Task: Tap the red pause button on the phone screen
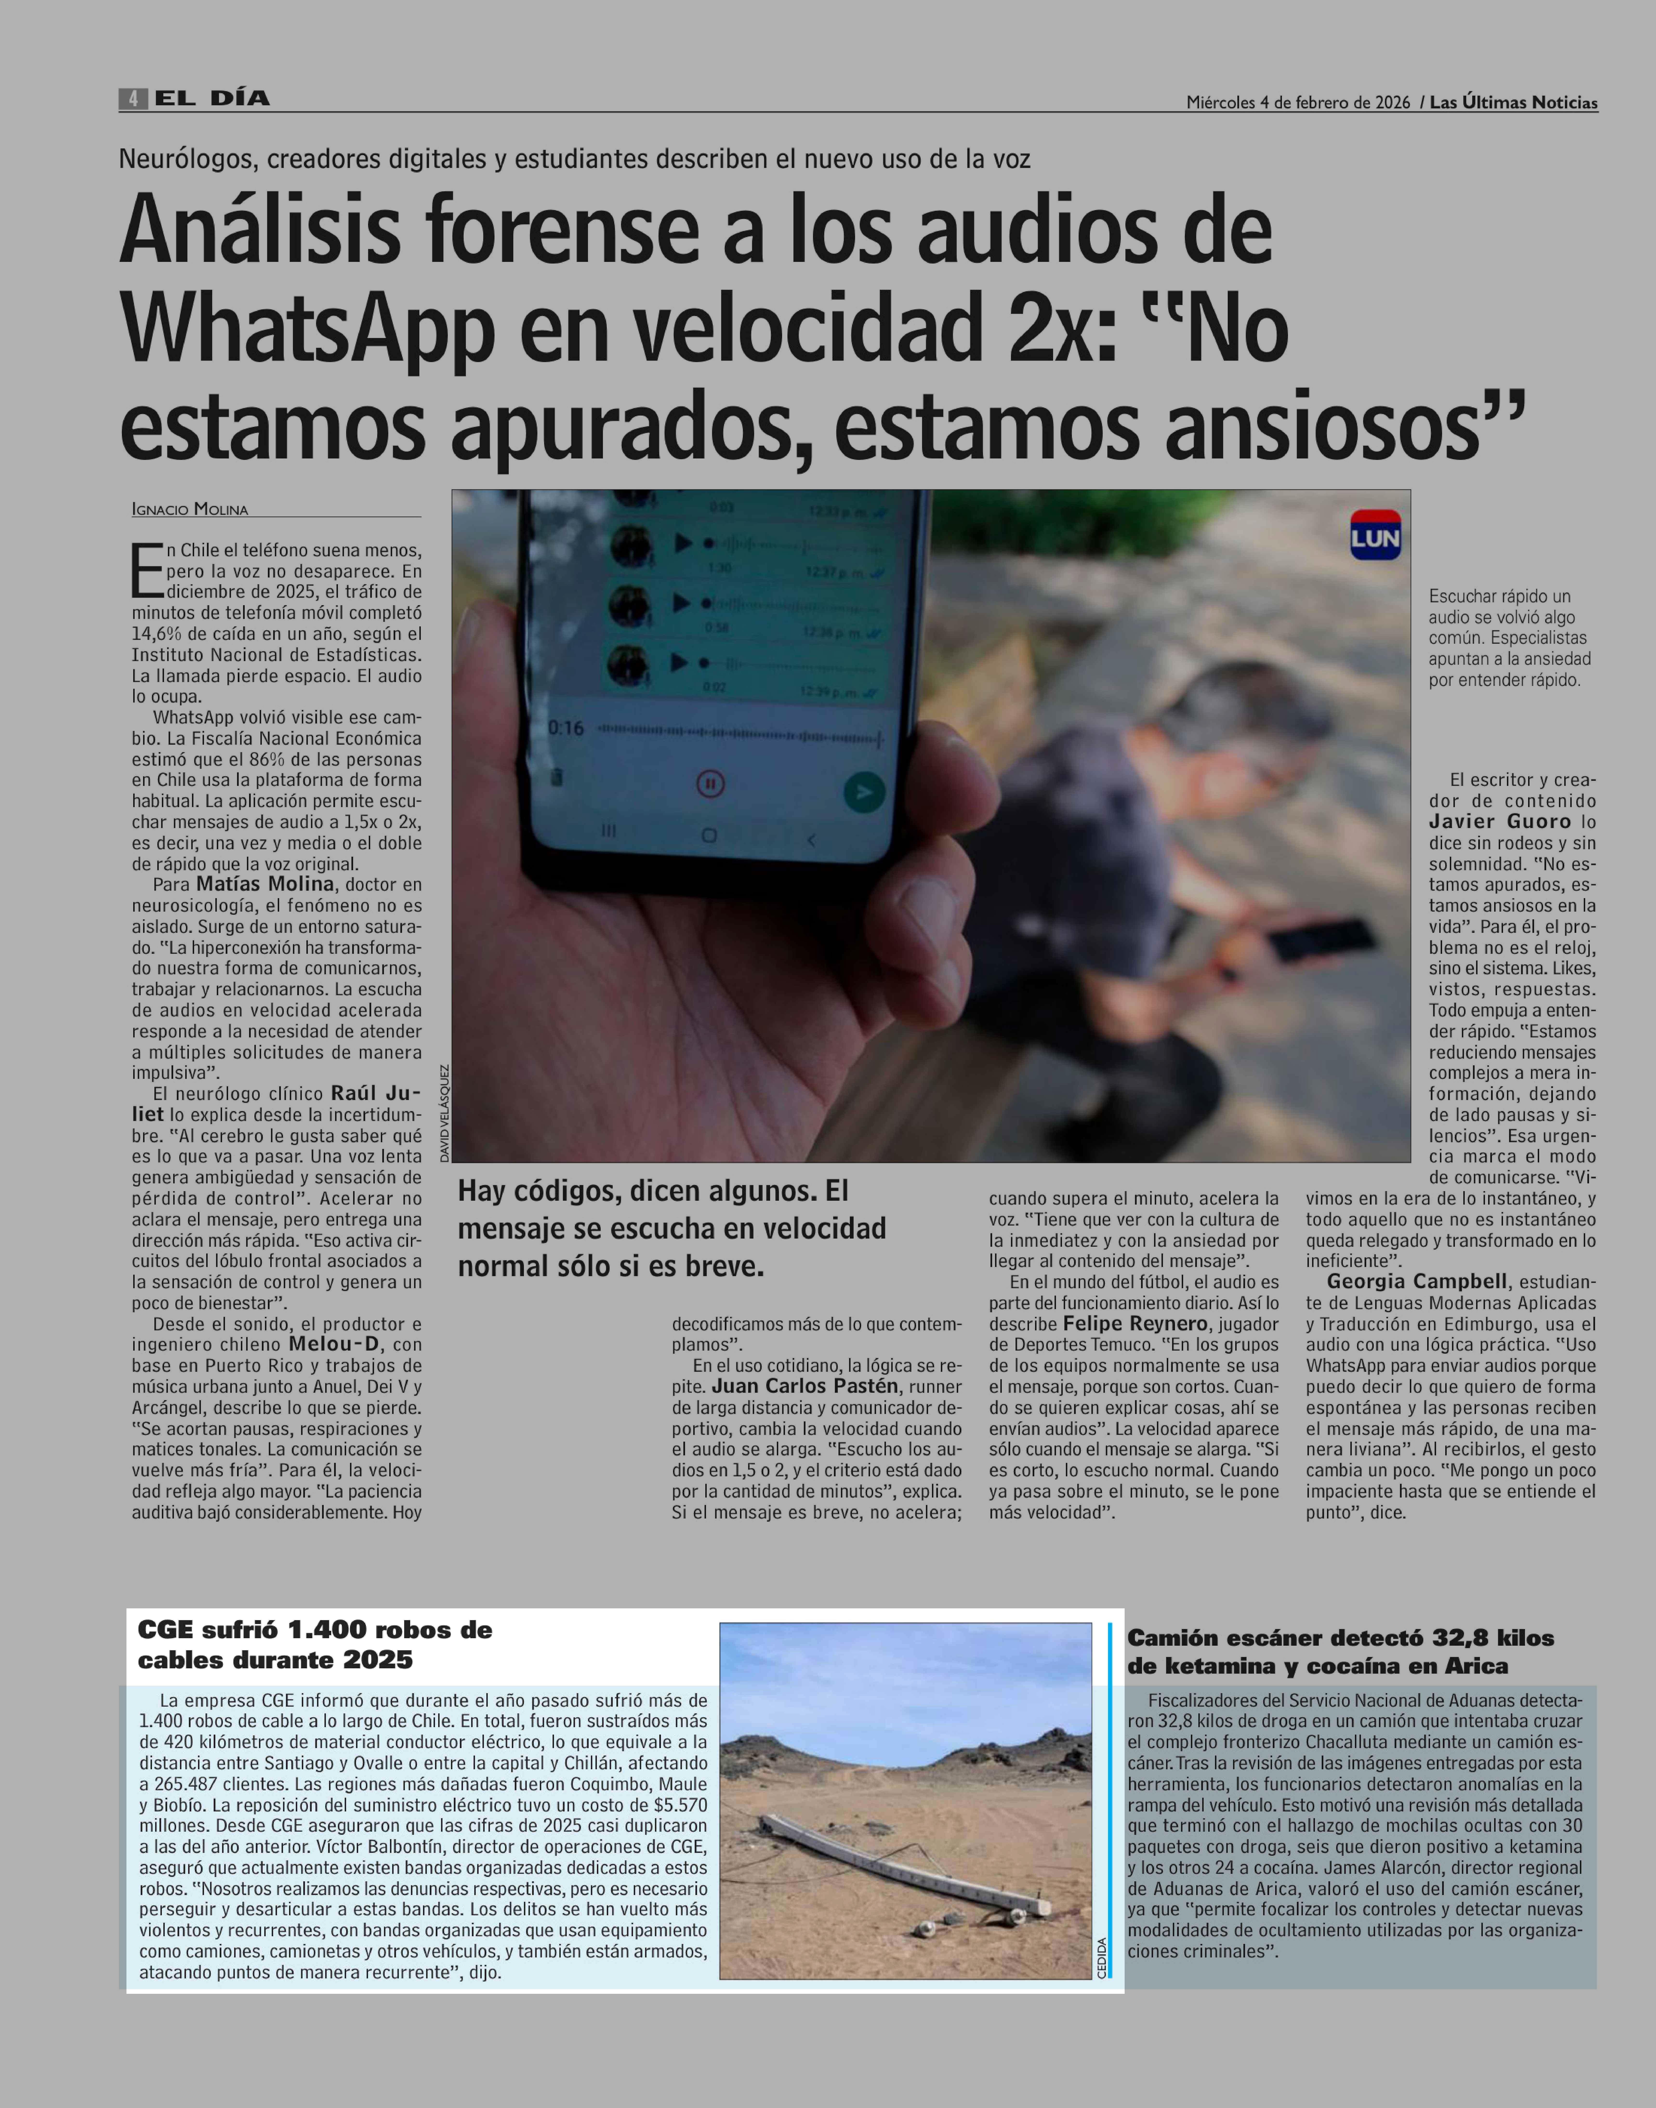click(x=710, y=783)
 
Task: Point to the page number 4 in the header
click(x=133, y=98)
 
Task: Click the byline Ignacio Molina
click(x=190, y=509)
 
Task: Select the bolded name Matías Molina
click(x=265, y=884)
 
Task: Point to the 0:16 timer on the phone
click(x=566, y=727)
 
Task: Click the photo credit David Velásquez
click(x=444, y=1113)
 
